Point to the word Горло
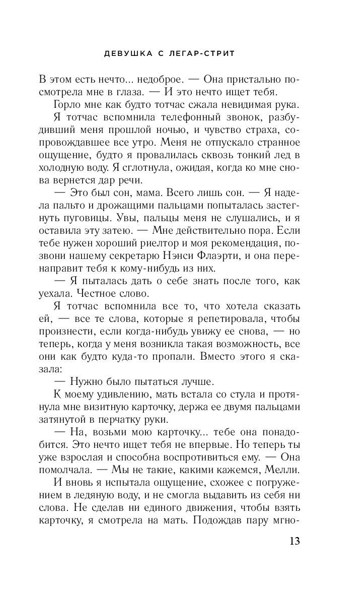pyautogui.click(x=68, y=105)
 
